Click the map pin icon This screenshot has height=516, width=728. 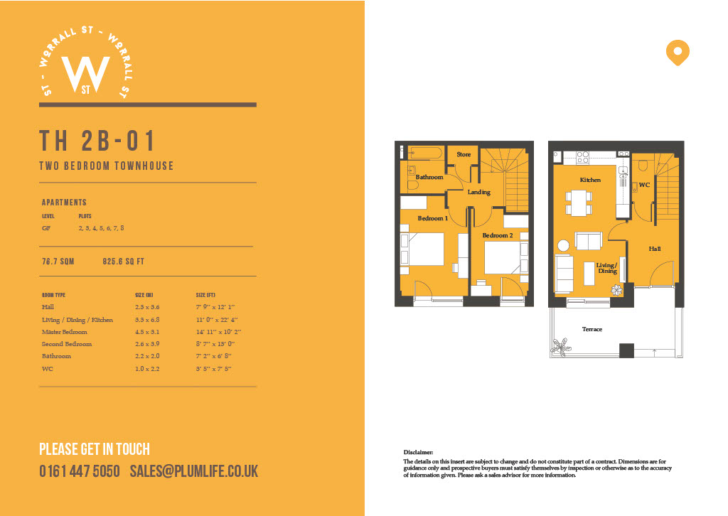678,52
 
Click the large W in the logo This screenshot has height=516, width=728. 86,74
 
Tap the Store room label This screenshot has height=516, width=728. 464,154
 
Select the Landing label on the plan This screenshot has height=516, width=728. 478,192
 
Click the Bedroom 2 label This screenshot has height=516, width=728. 497,235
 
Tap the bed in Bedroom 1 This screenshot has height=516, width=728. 422,249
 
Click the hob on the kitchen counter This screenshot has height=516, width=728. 583,157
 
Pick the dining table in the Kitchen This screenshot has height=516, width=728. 579,203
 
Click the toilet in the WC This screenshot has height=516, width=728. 643,166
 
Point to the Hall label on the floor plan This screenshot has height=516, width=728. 655,249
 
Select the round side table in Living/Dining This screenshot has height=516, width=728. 563,245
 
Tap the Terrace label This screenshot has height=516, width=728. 592,329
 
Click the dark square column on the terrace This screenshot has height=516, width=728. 626,350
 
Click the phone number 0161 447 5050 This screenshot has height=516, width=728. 80,471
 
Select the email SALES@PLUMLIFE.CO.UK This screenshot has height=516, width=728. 194,471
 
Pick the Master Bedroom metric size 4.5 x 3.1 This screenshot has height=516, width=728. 146,332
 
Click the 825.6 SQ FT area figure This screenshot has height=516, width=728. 124,262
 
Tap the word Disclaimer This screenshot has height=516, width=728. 418,452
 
